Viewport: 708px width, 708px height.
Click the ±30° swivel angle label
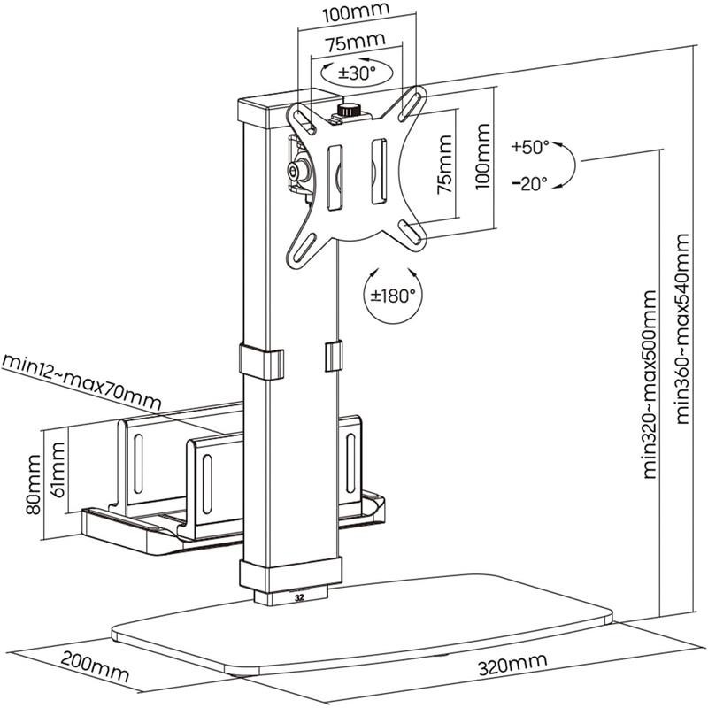tap(358, 73)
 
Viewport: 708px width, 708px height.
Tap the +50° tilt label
tap(530, 147)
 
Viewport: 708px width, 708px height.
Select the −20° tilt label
tap(530, 183)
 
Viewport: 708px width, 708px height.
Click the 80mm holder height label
tap(33, 484)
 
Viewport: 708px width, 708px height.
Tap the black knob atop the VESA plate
tap(348, 110)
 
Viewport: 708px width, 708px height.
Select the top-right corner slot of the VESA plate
tap(411, 104)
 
